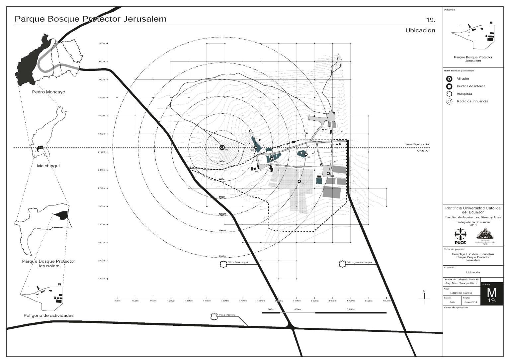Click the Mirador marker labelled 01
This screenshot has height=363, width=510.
(222, 147)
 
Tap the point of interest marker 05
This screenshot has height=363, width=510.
(299, 181)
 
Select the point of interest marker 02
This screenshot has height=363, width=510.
(256, 147)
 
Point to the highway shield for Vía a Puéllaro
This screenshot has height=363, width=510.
(214, 316)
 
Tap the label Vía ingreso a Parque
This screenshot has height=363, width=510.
(360, 262)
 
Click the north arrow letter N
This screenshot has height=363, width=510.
(424, 291)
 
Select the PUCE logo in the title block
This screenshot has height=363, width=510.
(460, 236)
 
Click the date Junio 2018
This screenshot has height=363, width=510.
(471, 302)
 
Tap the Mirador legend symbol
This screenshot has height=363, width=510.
(450, 79)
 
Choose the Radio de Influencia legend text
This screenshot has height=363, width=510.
(472, 101)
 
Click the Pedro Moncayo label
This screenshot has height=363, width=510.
(48, 92)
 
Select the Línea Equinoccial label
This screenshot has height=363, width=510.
(417, 145)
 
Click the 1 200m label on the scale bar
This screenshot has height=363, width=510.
(351, 309)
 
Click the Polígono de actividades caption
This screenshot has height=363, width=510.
(48, 315)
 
